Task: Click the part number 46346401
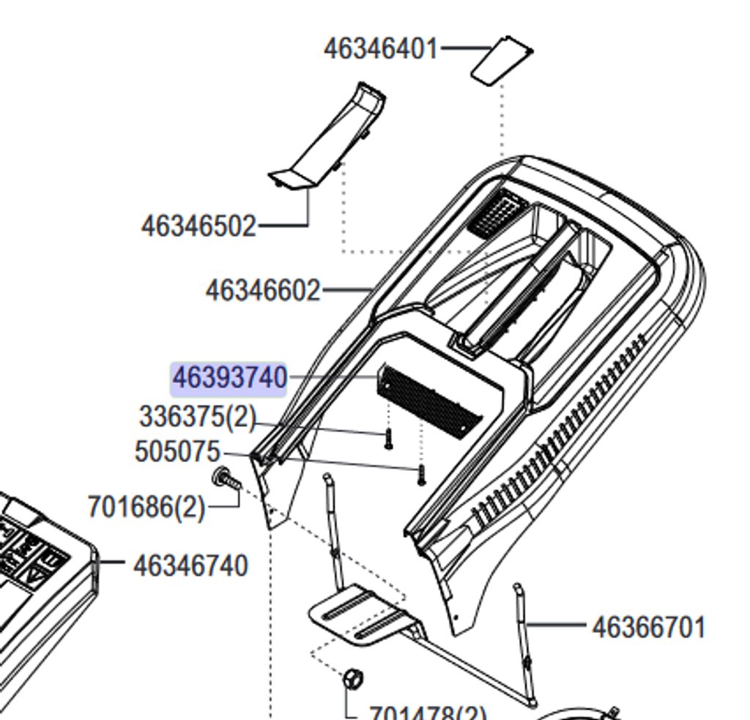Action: point(380,49)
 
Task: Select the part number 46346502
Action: point(198,226)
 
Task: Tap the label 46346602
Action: point(263,291)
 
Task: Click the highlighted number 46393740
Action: point(229,379)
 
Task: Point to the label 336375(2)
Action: point(198,417)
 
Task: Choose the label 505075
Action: point(177,452)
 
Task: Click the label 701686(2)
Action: point(146,507)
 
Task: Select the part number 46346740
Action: point(191,566)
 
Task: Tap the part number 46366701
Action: point(647,628)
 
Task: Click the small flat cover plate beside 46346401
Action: point(501,60)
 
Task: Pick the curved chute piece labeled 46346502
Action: point(330,139)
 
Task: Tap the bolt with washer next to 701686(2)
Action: point(226,480)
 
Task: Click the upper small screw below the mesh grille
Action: point(390,439)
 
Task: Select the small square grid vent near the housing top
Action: point(497,212)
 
